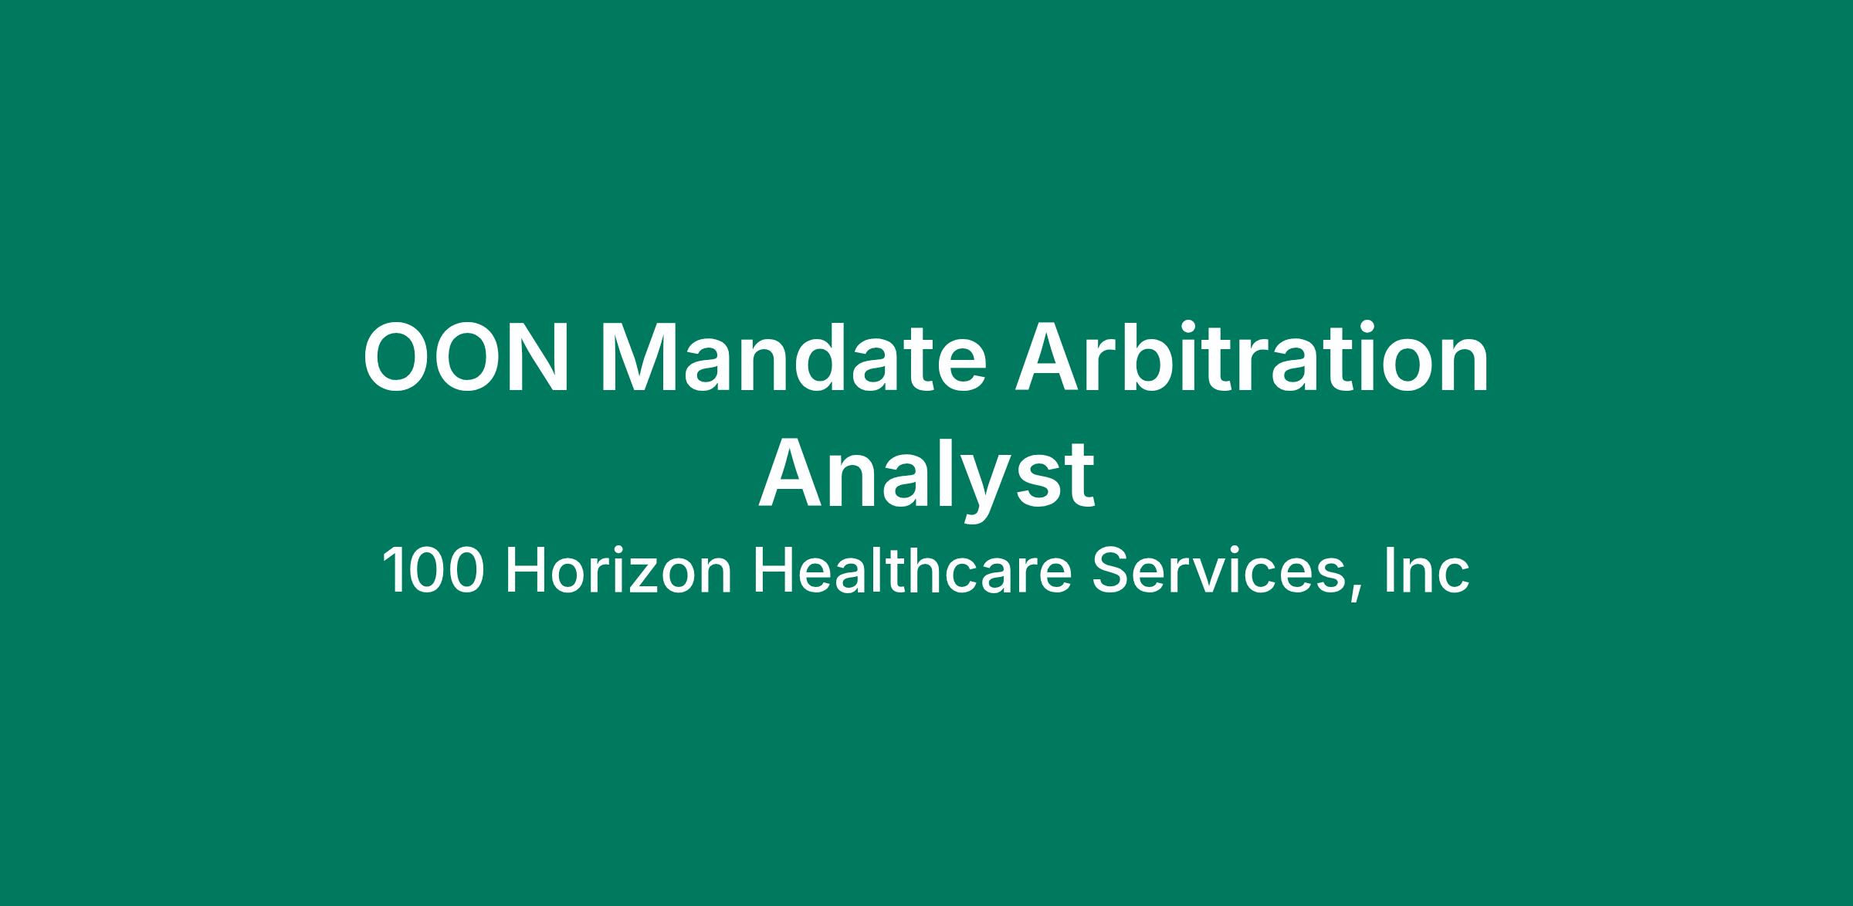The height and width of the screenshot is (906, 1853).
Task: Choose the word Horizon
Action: tap(618, 571)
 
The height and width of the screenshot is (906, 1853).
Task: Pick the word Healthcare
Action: tap(912, 571)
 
